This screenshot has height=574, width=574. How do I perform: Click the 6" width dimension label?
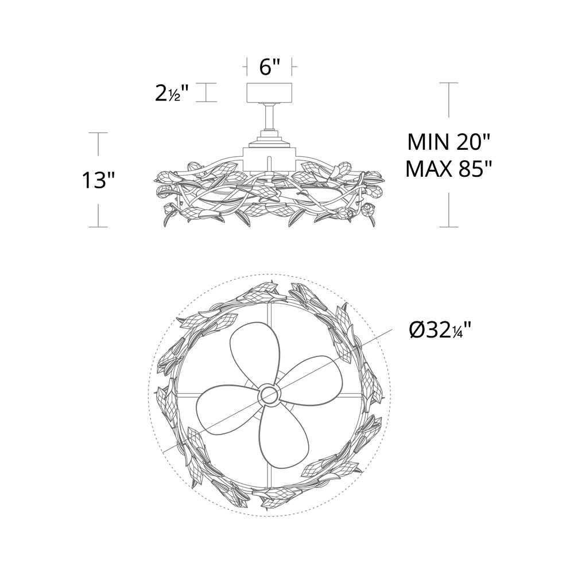270,67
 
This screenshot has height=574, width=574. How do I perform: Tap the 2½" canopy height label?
172,93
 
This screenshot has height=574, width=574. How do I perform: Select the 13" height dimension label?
98,180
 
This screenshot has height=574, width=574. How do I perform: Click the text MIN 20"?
448,142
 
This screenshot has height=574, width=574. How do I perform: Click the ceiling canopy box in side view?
269,94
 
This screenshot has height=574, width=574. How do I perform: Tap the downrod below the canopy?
269,117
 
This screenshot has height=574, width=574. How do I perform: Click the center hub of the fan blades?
269,395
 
